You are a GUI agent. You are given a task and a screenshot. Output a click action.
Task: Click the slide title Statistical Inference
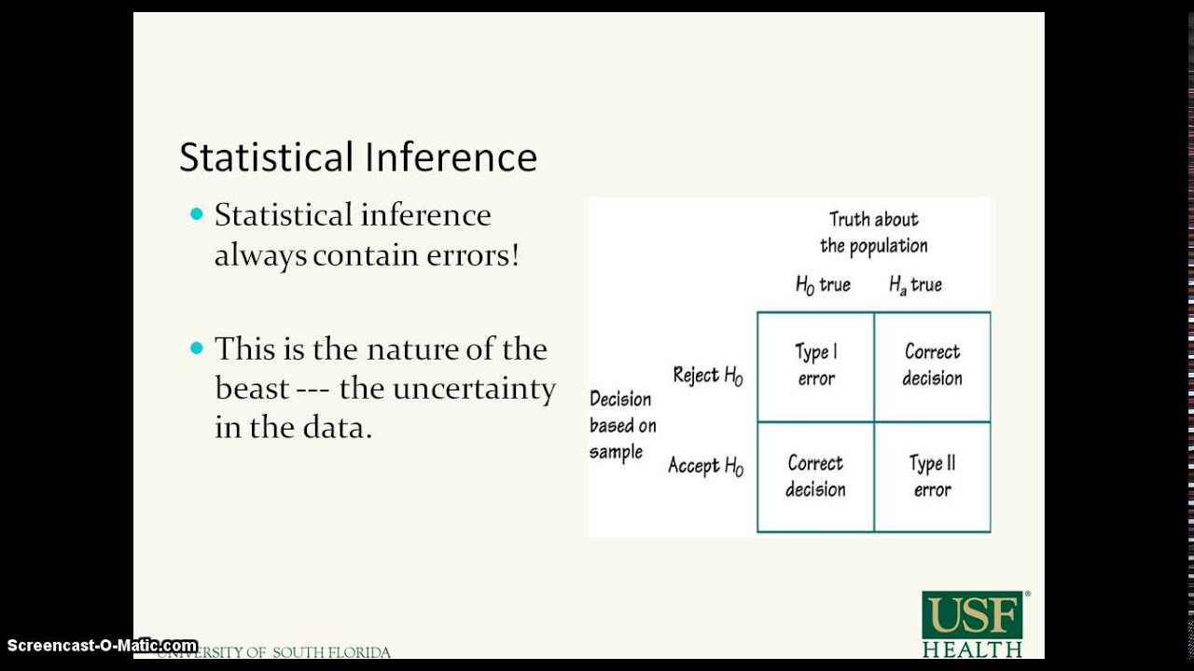click(358, 157)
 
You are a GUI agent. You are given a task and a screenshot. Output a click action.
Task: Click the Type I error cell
click(816, 365)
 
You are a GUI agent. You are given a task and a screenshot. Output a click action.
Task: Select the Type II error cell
click(932, 476)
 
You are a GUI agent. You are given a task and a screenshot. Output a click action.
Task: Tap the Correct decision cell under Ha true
click(932, 365)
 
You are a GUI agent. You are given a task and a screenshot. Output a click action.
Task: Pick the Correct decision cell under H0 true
click(816, 476)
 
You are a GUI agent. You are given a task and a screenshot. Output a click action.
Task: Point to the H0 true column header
click(823, 285)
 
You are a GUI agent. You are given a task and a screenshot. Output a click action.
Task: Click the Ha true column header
click(915, 285)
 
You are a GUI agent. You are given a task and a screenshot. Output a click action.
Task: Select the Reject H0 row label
click(708, 376)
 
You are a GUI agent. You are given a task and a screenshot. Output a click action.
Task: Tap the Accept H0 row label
click(705, 466)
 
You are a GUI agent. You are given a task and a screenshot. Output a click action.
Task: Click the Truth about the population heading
click(874, 233)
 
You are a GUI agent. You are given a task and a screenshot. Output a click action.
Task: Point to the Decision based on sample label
click(622, 425)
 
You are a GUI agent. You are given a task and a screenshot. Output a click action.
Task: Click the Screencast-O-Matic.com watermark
click(102, 645)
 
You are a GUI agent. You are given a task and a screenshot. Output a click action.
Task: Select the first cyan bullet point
click(196, 214)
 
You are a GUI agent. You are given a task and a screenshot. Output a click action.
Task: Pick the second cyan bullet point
click(196, 349)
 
